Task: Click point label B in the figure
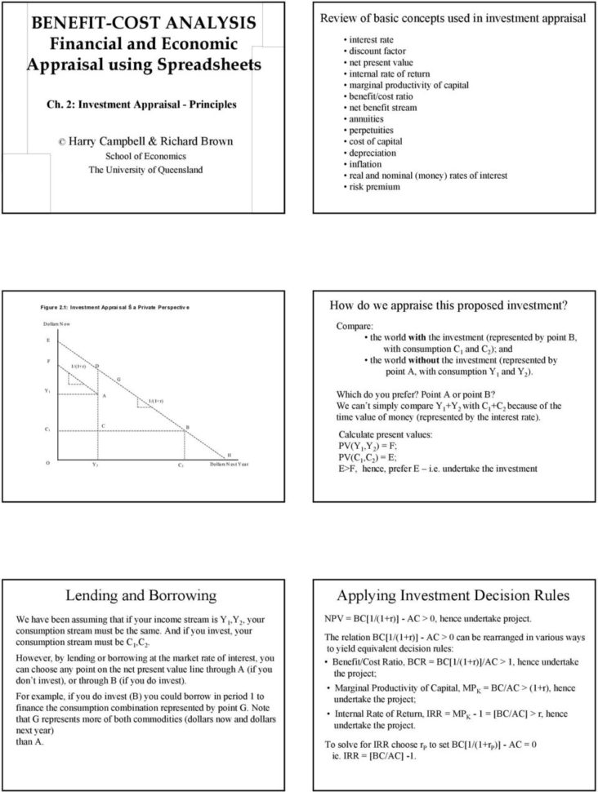coord(187,427)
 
